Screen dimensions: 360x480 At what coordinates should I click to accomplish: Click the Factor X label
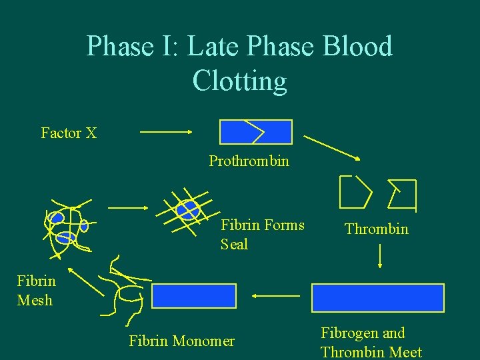(x=69, y=133)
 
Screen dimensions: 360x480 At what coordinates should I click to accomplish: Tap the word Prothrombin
(x=249, y=161)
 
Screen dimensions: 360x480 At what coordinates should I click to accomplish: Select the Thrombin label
(x=376, y=229)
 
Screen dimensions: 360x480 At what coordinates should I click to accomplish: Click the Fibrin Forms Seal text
(x=262, y=235)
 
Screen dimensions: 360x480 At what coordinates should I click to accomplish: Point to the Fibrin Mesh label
(x=36, y=290)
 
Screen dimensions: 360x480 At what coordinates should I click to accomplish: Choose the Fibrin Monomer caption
(x=181, y=341)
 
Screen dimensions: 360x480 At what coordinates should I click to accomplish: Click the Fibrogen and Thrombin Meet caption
(x=371, y=342)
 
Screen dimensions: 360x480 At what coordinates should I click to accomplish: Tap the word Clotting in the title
(x=239, y=81)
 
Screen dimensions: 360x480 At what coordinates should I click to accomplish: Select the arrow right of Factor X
(x=166, y=132)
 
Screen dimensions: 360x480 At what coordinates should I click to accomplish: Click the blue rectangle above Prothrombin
(x=256, y=132)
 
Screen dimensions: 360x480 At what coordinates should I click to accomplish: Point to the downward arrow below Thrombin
(x=379, y=256)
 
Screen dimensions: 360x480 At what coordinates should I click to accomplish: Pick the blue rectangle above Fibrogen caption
(x=377, y=297)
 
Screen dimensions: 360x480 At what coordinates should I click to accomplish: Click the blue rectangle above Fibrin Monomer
(x=194, y=296)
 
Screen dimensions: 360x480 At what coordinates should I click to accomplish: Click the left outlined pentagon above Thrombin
(x=355, y=191)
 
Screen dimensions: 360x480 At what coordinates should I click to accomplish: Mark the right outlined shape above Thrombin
(x=401, y=193)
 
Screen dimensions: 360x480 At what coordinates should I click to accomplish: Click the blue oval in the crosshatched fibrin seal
(x=188, y=209)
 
